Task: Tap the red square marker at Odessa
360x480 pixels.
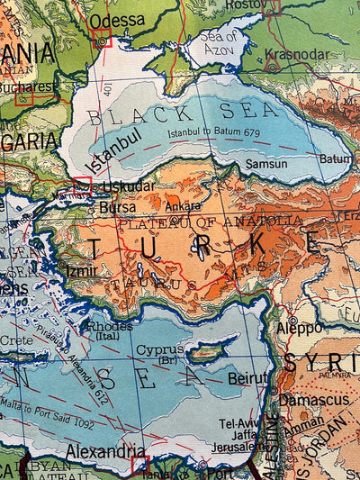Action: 102,38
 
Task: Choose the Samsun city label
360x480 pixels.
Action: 267,164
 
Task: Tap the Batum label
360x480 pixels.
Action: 336,158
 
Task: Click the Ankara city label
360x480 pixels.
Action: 183,206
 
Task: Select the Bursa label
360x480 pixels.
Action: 117,207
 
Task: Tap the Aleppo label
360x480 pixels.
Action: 299,328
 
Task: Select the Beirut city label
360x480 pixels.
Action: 248,378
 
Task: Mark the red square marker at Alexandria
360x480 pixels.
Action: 140,464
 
